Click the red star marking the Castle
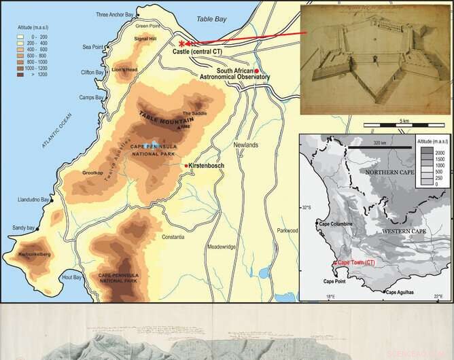coord(182,43)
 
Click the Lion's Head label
coord(126,69)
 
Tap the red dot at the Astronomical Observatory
coord(257,71)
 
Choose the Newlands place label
coord(245,145)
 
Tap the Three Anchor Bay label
coord(115,14)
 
